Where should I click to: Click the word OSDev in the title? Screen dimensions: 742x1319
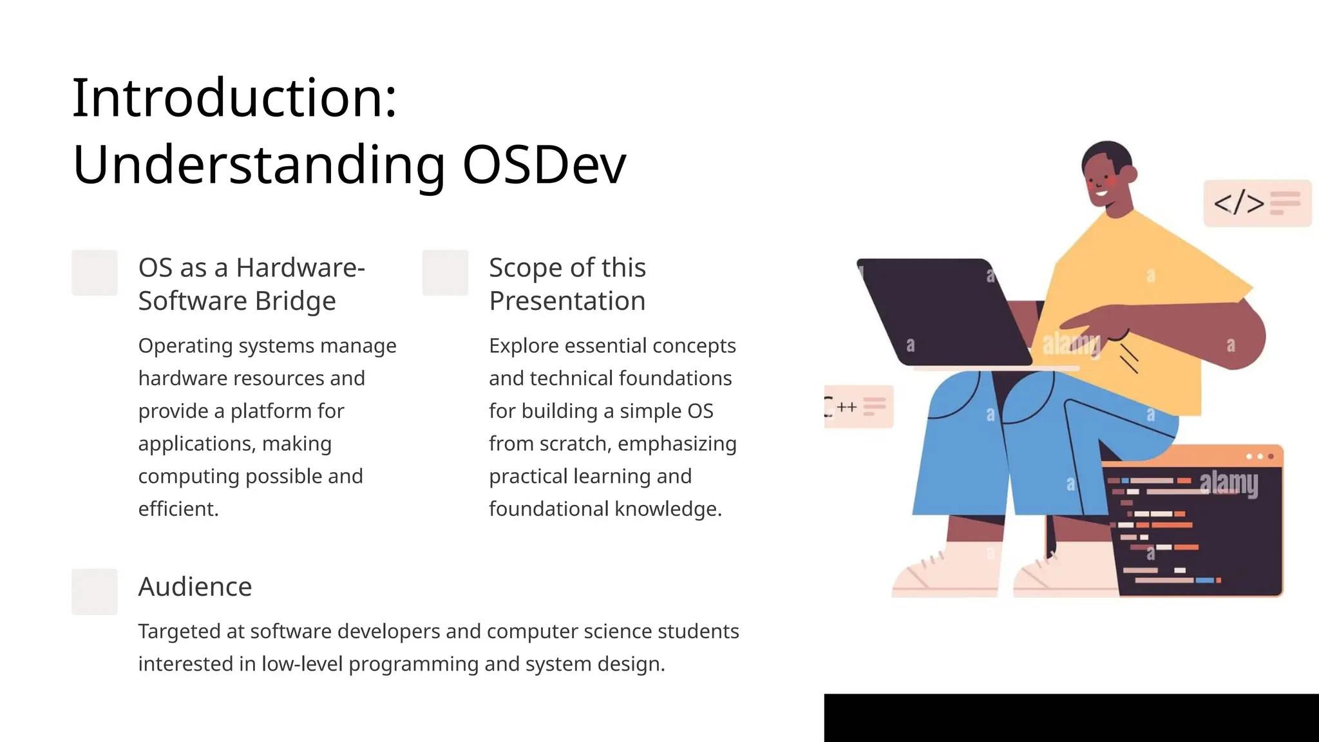click(x=544, y=165)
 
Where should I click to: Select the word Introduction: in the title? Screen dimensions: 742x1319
click(x=234, y=98)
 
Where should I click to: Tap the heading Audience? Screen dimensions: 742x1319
click(x=195, y=587)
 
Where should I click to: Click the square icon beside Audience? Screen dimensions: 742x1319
click(x=95, y=591)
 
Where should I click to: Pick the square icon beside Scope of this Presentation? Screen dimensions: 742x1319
click(x=445, y=272)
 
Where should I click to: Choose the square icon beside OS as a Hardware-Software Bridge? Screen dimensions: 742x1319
click(x=95, y=272)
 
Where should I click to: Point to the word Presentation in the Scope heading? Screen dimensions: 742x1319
click(x=567, y=301)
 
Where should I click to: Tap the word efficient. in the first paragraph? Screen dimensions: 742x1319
click(x=178, y=509)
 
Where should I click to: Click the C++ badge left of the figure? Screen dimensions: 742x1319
click(x=858, y=406)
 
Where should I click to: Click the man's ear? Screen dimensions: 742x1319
click(x=1128, y=174)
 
